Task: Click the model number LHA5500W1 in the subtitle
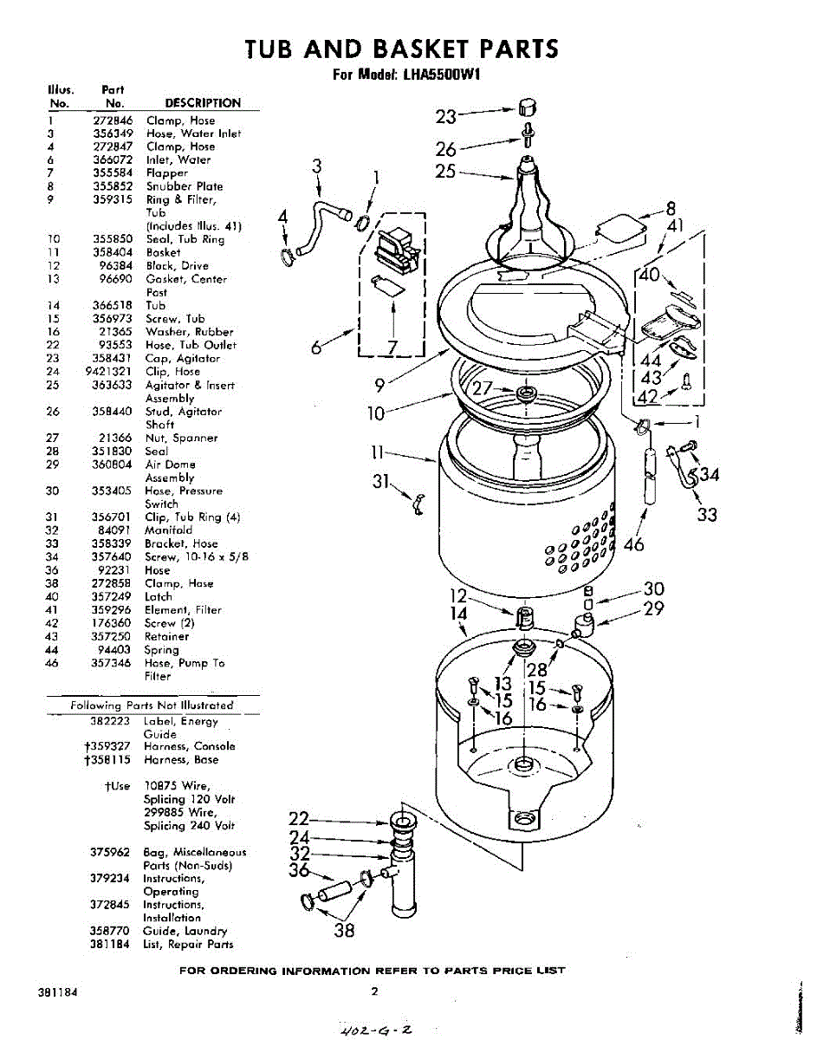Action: click(441, 75)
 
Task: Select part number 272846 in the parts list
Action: click(113, 120)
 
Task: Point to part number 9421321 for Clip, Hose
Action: click(109, 372)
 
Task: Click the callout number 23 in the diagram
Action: click(446, 117)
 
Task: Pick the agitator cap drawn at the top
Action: click(528, 107)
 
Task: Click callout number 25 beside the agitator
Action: click(445, 171)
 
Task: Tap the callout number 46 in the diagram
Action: click(635, 544)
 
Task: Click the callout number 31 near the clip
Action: click(382, 483)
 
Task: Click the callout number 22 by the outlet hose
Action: click(299, 819)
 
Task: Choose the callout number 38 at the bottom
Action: click(345, 932)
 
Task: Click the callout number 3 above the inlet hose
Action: click(317, 166)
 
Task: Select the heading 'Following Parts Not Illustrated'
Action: click(152, 705)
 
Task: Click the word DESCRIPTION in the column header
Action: click(203, 102)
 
